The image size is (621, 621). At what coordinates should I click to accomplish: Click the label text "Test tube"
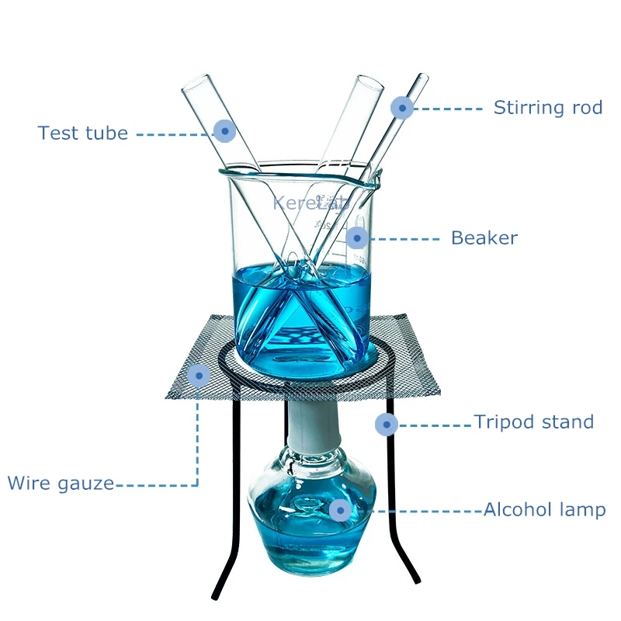tap(83, 133)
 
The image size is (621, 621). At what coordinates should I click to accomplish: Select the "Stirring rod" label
tap(548, 108)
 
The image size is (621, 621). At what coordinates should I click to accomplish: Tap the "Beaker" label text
tap(484, 238)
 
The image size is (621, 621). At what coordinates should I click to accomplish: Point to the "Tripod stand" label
tap(534, 422)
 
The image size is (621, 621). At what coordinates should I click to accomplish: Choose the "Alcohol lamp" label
tap(544, 510)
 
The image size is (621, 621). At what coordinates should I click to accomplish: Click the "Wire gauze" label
tap(61, 484)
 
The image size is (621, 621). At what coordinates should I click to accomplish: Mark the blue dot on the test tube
tap(224, 130)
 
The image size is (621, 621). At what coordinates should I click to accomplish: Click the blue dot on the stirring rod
tap(401, 108)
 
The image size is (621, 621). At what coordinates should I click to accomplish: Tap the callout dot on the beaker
tap(356, 238)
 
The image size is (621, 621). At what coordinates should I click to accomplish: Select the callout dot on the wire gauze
tap(199, 375)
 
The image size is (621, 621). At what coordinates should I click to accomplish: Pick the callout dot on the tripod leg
tap(386, 424)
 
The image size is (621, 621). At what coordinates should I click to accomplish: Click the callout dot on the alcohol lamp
tap(339, 510)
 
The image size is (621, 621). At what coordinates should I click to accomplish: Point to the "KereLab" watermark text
tap(310, 203)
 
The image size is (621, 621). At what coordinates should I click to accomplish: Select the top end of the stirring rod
tap(423, 78)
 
